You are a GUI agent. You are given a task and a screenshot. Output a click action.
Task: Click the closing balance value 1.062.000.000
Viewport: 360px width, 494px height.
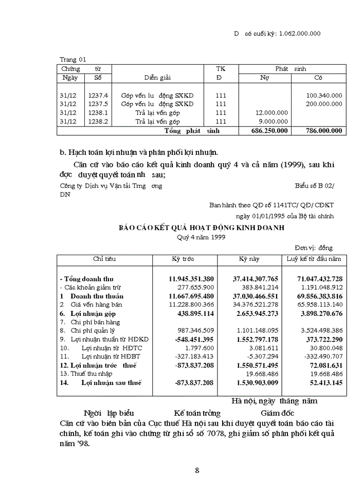[x=299, y=33]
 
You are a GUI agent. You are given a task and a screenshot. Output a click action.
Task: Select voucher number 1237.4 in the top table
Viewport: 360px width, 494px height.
[x=98, y=95]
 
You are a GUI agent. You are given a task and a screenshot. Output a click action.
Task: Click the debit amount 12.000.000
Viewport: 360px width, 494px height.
[x=272, y=113]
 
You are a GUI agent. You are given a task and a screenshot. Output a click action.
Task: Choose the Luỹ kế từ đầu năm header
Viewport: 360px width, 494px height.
[x=314, y=258]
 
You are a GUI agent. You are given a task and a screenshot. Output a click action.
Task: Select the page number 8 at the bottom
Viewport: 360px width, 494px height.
[x=197, y=470]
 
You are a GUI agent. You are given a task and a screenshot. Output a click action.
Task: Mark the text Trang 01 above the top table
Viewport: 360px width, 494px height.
[x=73, y=59]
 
